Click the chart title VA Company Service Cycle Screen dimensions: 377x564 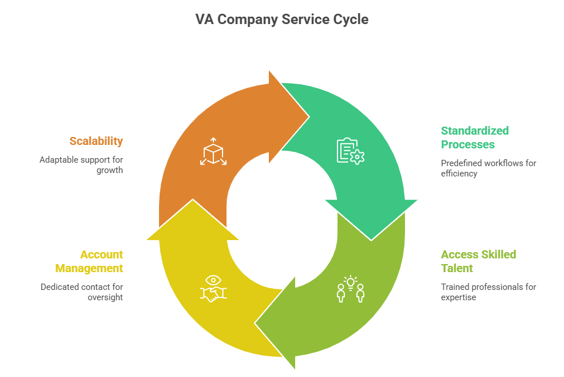click(282, 19)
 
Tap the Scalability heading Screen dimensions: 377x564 click(96, 141)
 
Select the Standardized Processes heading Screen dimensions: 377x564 click(474, 138)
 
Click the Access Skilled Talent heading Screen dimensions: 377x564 click(478, 261)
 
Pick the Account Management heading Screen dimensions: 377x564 click(89, 261)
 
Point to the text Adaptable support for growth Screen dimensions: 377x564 click(81, 164)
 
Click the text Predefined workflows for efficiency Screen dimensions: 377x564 click(488, 168)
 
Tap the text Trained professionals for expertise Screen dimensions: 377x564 click(488, 292)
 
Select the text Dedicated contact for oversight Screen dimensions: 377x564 click(82, 292)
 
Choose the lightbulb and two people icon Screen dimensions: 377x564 click(351, 289)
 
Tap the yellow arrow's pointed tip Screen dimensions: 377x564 click(193, 201)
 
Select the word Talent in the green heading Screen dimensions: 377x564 click(457, 268)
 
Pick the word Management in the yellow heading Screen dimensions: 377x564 click(89, 268)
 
